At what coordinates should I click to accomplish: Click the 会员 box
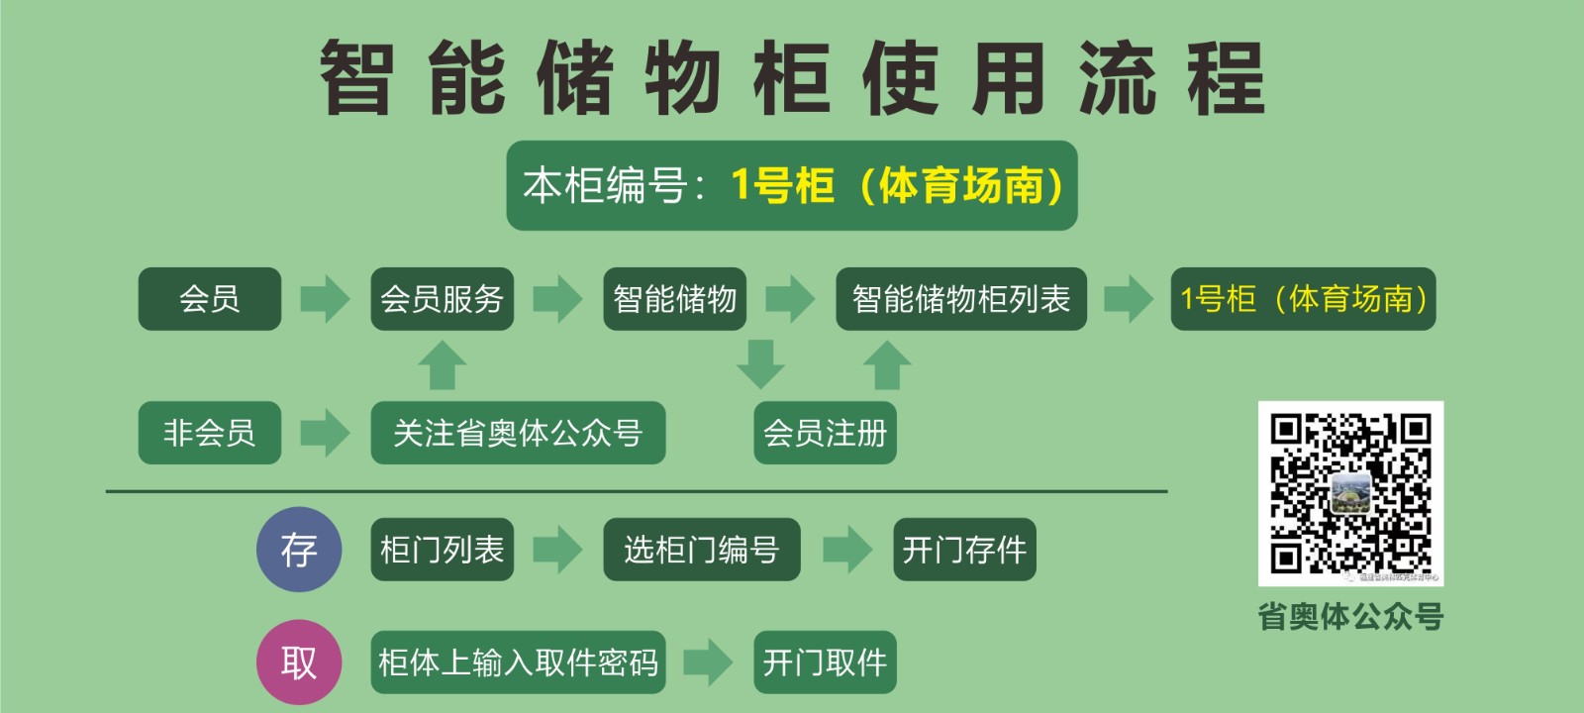click(x=209, y=298)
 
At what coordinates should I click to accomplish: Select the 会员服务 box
click(x=442, y=298)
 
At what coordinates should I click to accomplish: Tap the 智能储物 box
click(x=674, y=298)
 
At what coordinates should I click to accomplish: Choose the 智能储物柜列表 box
click(x=960, y=298)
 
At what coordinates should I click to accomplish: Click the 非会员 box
click(x=209, y=432)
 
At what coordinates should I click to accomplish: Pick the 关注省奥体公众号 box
click(x=517, y=432)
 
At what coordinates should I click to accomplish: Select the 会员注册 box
click(x=825, y=432)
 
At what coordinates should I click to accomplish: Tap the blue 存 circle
click(x=299, y=550)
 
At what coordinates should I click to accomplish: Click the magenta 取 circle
click(x=299, y=662)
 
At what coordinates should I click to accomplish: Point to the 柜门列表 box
click(x=442, y=550)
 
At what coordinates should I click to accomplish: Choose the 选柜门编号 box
click(x=701, y=550)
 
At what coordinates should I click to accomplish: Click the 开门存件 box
click(x=963, y=550)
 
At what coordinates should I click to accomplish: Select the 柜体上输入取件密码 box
click(x=517, y=662)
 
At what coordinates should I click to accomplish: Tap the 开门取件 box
click(x=825, y=662)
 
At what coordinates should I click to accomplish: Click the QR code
click(x=1350, y=493)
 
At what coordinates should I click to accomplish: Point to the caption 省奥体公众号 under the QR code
click(x=1350, y=616)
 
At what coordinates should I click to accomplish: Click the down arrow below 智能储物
click(x=760, y=363)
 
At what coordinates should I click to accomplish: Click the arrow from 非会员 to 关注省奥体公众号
click(x=325, y=432)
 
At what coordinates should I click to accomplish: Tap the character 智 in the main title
click(x=356, y=77)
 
